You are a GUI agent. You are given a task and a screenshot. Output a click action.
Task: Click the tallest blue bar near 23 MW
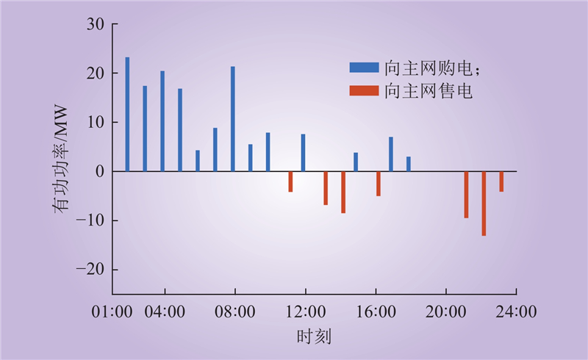click(127, 115)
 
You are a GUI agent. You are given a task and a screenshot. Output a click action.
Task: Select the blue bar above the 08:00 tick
click(233, 119)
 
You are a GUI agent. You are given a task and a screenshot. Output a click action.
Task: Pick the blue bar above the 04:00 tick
click(162, 121)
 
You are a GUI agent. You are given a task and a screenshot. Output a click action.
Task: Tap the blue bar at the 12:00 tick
click(303, 153)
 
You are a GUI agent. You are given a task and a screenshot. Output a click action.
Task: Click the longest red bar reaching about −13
click(484, 204)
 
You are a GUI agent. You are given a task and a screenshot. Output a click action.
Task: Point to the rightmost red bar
click(501, 181)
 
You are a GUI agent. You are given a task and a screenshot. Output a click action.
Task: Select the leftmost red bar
click(290, 181)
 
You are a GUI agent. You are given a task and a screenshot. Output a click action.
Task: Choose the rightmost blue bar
click(409, 164)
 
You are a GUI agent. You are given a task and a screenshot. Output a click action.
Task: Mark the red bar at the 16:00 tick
click(379, 184)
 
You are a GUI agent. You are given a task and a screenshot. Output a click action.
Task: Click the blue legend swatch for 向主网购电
click(364, 68)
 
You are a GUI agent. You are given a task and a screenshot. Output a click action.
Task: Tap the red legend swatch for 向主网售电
click(364, 91)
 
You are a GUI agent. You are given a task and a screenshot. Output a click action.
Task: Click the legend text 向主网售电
click(429, 91)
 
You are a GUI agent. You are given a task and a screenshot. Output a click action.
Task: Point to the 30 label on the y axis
click(96, 24)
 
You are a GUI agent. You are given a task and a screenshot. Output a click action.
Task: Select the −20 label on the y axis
click(90, 270)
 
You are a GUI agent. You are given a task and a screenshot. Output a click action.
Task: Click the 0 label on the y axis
click(100, 172)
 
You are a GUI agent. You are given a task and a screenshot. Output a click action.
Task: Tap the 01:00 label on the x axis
click(112, 312)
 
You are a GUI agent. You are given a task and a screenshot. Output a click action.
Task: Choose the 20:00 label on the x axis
click(446, 312)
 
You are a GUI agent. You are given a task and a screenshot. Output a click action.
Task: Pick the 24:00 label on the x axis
click(517, 312)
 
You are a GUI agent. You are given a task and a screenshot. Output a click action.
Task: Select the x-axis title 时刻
click(315, 336)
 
